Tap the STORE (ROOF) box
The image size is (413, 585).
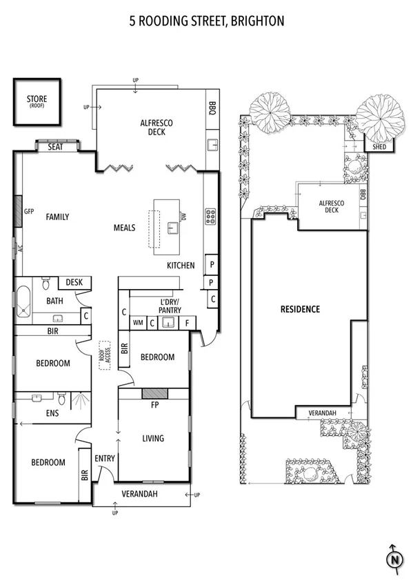37,102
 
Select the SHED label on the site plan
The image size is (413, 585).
380,146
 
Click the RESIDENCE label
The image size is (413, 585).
300,309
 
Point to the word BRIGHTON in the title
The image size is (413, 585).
256,21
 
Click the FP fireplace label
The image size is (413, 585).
155,406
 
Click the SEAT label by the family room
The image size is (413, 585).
56,147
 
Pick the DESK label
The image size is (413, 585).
74,282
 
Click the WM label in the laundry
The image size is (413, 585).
138,322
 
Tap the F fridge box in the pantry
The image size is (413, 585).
186,322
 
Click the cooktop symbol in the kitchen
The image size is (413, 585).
210,216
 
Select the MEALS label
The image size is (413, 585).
124,228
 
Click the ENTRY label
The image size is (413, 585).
105,458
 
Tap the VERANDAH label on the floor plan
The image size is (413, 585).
140,494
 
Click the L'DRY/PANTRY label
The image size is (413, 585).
169,306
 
